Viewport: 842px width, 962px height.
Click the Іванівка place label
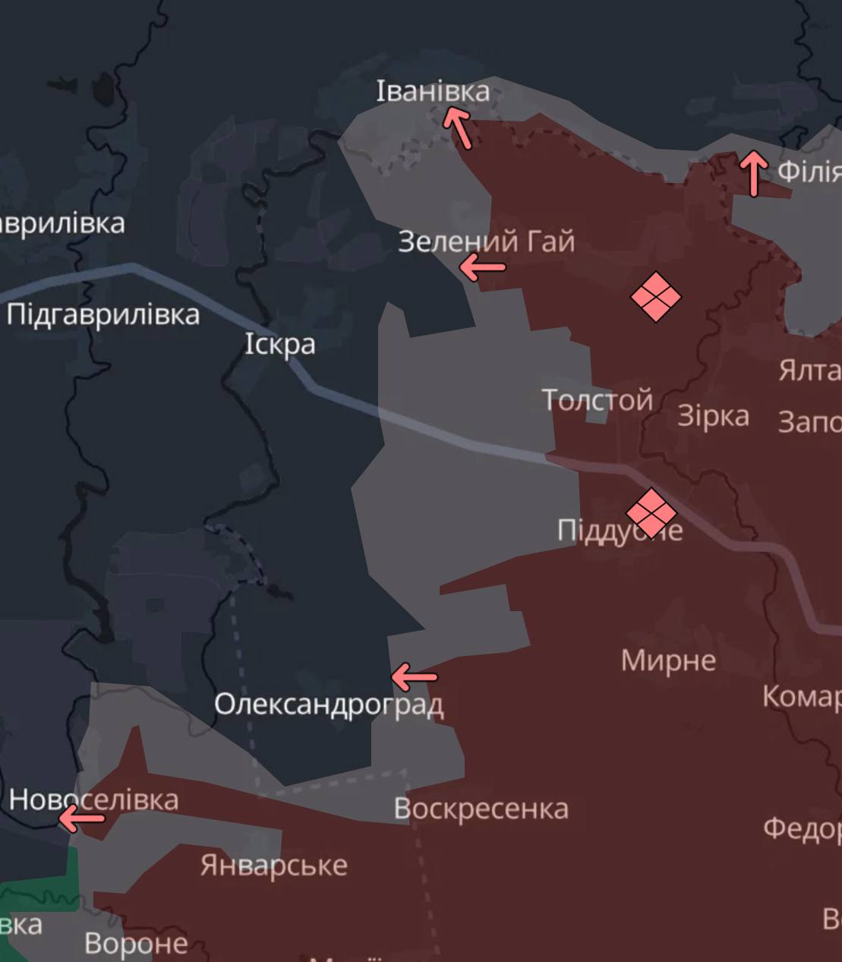[x=433, y=91]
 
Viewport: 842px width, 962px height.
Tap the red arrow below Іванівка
[x=458, y=126]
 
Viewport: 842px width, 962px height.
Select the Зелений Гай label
[x=486, y=241]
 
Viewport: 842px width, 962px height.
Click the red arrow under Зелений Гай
[x=482, y=267]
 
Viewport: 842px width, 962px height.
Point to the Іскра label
[x=279, y=344]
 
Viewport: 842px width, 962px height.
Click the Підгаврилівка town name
[x=103, y=314]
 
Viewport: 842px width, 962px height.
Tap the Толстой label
[x=597, y=399]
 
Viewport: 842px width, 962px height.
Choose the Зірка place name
[x=713, y=416]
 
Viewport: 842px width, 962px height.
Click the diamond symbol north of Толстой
[x=656, y=297]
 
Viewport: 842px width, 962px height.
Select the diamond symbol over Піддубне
[x=651, y=513]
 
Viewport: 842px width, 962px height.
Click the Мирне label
[x=668, y=661]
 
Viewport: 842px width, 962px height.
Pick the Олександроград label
[x=328, y=705]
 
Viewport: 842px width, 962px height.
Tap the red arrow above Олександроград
[x=414, y=676]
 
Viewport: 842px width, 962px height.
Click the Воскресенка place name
[x=481, y=809]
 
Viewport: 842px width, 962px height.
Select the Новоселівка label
[x=93, y=799]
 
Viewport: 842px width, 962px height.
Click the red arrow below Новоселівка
[x=81, y=818]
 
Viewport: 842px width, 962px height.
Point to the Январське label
[x=273, y=865]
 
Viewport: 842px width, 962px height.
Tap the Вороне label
[x=136, y=943]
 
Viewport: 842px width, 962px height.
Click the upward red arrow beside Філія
[x=753, y=172]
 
